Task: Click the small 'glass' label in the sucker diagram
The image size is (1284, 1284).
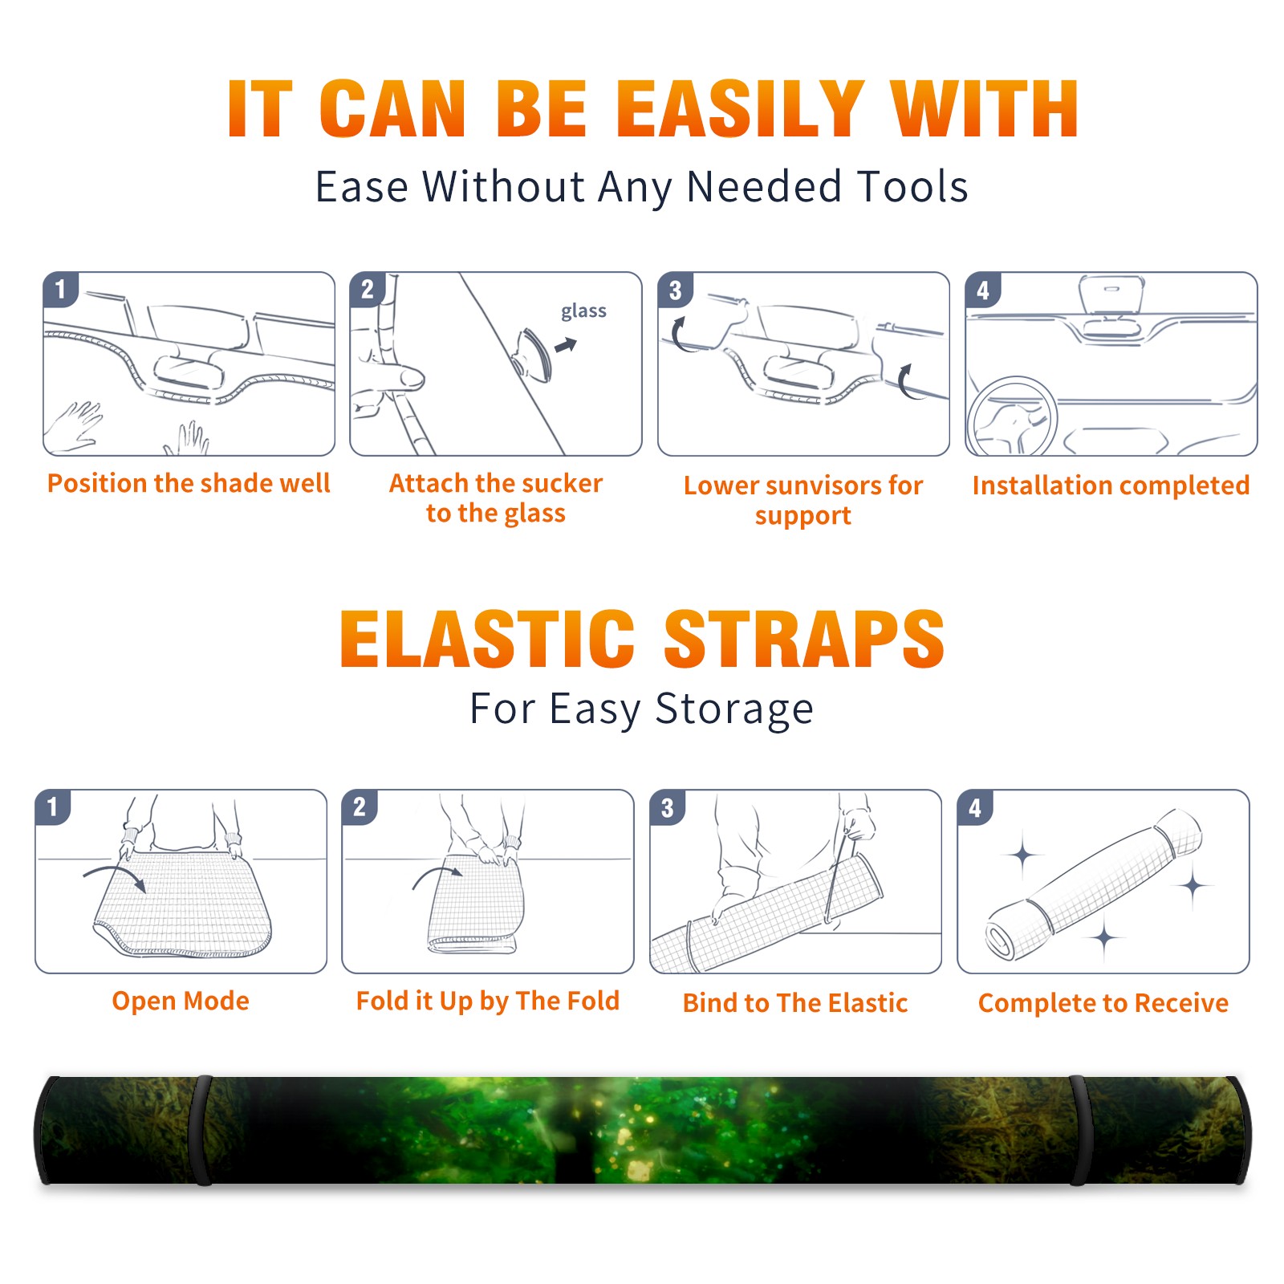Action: [583, 311]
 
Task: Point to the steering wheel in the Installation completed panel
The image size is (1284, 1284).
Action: [1012, 416]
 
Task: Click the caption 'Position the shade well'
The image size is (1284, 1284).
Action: [189, 483]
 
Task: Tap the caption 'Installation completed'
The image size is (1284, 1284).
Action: [1111, 486]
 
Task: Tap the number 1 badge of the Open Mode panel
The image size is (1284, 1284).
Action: [53, 807]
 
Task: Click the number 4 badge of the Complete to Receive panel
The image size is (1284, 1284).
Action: [975, 807]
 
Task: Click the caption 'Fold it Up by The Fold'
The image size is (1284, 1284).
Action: [488, 1001]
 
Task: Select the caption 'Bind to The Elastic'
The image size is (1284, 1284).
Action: [795, 1003]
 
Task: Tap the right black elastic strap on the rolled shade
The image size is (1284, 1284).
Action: [1077, 1130]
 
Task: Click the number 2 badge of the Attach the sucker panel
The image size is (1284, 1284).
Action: [368, 290]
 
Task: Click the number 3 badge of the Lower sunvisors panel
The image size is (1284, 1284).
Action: [675, 290]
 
